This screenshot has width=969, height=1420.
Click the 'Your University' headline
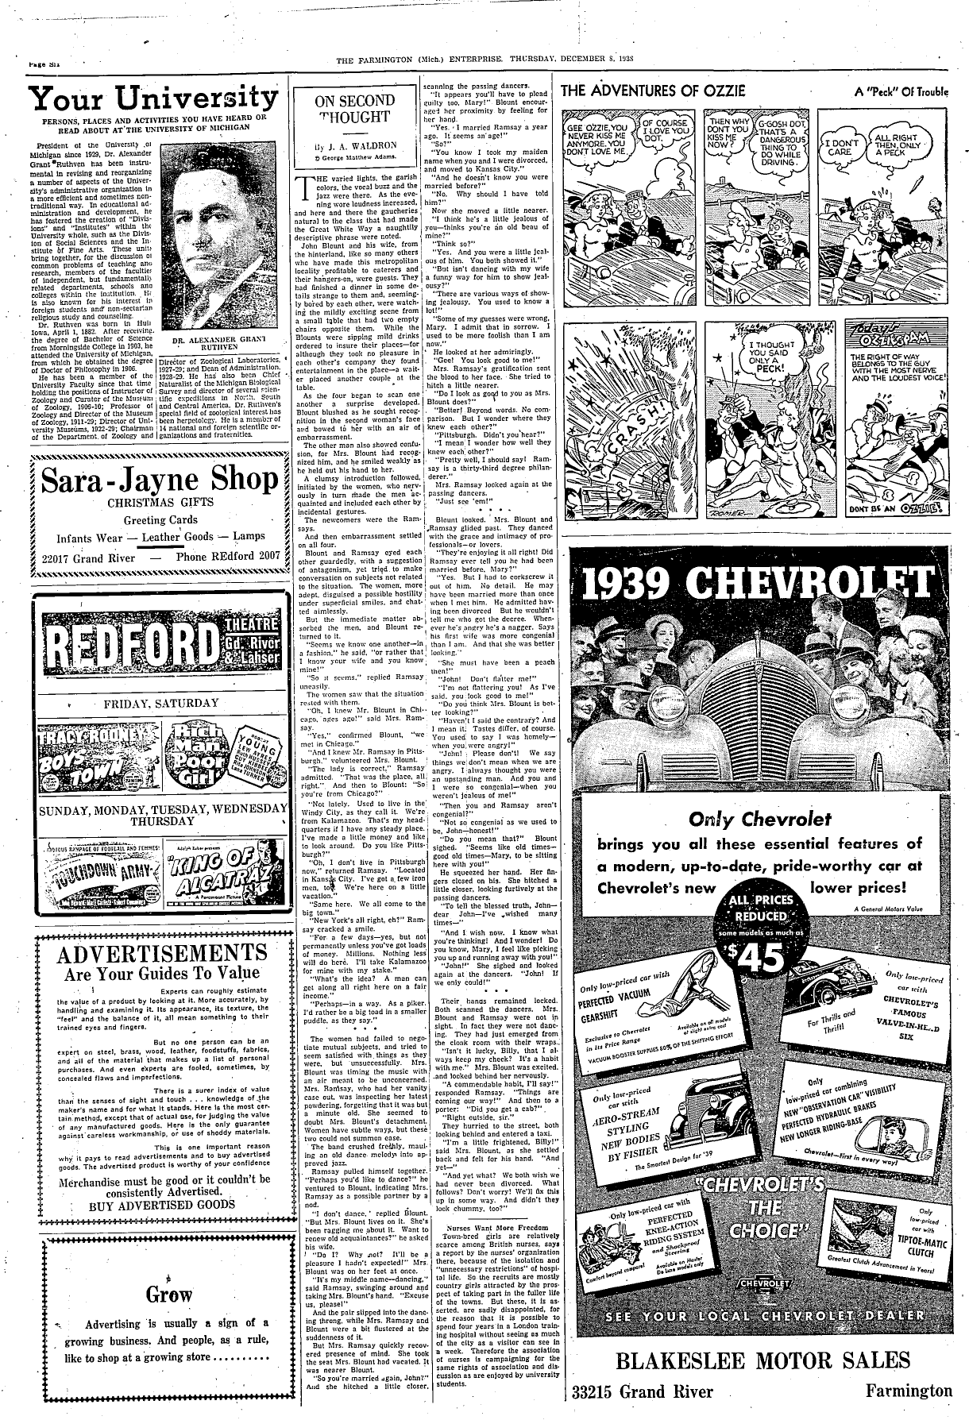click(154, 98)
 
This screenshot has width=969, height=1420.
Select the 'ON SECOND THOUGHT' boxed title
click(355, 109)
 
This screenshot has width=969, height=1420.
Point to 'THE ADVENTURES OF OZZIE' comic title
click(653, 91)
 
